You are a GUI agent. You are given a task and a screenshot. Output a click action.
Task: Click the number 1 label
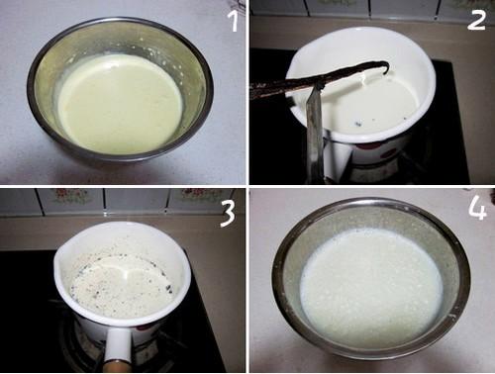coord(234,21)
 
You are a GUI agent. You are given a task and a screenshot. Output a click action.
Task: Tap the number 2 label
coord(476,20)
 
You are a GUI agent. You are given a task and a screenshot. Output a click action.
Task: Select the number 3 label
coord(228,214)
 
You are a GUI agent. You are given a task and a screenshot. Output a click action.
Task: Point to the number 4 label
coord(477,209)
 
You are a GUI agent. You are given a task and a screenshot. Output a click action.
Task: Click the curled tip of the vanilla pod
coord(384,68)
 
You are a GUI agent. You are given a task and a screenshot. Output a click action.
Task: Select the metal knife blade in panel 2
coord(314,132)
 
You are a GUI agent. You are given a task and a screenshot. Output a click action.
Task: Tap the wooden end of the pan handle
coord(116,366)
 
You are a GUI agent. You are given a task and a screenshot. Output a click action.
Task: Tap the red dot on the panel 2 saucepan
coord(389,154)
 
